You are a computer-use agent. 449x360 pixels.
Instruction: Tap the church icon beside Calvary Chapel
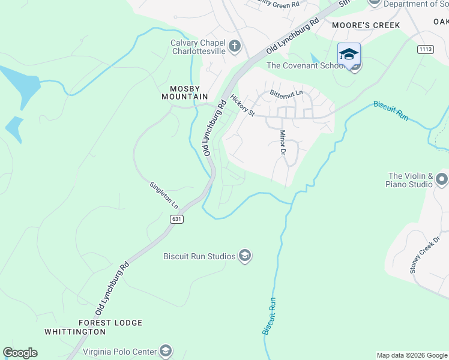pyautogui.click(x=234, y=45)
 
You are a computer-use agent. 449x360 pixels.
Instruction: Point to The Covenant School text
pyautogui.click(x=304, y=66)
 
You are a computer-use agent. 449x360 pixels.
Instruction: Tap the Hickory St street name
pyautogui.click(x=243, y=105)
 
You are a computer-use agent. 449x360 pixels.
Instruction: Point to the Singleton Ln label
pyautogui.click(x=164, y=195)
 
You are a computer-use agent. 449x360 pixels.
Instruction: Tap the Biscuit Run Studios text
pyautogui.click(x=199, y=257)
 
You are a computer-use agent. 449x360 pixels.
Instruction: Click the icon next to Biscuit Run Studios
pyautogui.click(x=245, y=256)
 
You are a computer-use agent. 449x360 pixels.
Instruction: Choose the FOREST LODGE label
pyautogui.click(x=110, y=323)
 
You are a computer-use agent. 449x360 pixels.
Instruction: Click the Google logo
pyautogui.click(x=20, y=353)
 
